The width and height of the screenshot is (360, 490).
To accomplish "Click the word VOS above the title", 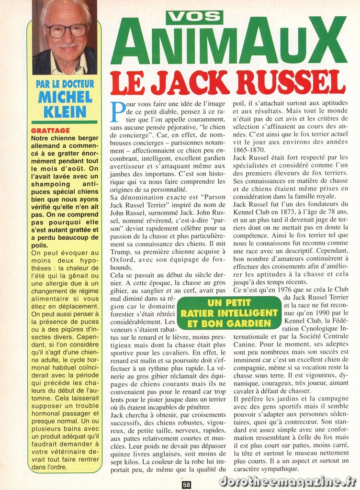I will tap(194, 17).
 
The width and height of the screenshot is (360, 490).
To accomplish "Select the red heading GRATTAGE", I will tap(50, 131).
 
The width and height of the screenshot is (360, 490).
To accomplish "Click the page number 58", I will tap(187, 484).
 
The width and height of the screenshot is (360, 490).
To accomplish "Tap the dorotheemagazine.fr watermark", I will tap(296, 481).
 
